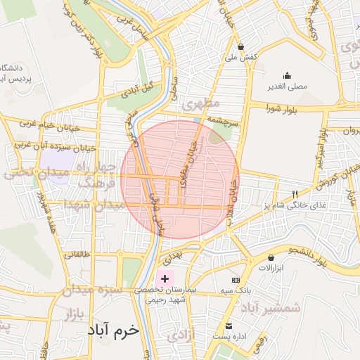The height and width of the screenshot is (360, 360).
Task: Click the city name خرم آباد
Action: click(x=114, y=329)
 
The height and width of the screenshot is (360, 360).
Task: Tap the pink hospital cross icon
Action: click(x=165, y=279)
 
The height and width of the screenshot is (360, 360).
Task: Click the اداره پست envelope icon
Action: click(x=229, y=326)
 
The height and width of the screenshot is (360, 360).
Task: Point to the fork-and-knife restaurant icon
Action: click(x=295, y=194)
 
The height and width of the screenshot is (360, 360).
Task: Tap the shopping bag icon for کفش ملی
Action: click(x=241, y=46)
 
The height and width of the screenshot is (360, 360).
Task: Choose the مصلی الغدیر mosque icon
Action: click(x=286, y=76)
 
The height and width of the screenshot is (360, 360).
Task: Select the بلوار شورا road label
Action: click(x=283, y=108)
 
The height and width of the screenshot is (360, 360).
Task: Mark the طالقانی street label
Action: click(x=76, y=255)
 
